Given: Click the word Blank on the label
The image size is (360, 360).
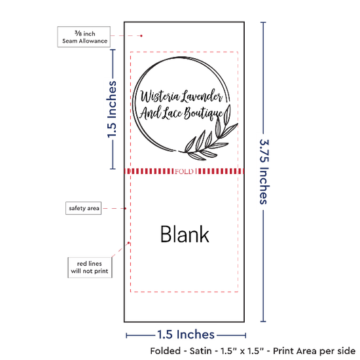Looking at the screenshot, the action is coord(185,234).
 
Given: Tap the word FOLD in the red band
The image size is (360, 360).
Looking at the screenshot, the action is coord(184,171).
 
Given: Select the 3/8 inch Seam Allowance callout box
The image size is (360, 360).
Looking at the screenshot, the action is coord(84,37).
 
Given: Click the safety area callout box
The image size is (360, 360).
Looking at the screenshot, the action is coord(84,208).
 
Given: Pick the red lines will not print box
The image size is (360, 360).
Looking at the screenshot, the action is coord(90,268).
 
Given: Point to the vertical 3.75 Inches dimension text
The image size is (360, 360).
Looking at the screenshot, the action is coord(264,171).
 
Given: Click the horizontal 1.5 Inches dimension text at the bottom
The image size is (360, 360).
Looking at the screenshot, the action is coord(186,334).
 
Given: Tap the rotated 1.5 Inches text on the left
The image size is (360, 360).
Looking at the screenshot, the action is coord(112,109).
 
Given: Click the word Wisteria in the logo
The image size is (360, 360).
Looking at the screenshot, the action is coord(160,96).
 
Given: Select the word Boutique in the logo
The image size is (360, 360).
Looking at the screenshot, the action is coord(204,114).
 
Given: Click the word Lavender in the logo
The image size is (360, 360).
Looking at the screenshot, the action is coord(202,96).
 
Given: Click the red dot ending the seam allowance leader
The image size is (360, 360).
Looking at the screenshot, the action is coord(141,36).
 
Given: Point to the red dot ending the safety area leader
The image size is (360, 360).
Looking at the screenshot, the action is coord(126,208).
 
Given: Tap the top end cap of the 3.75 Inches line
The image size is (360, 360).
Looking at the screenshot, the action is coord(263,22).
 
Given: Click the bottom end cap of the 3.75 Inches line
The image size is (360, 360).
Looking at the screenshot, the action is coord(263,321).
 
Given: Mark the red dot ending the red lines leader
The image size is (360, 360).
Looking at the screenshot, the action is coord(128,243).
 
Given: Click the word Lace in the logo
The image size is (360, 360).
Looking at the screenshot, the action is coord(172,113).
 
